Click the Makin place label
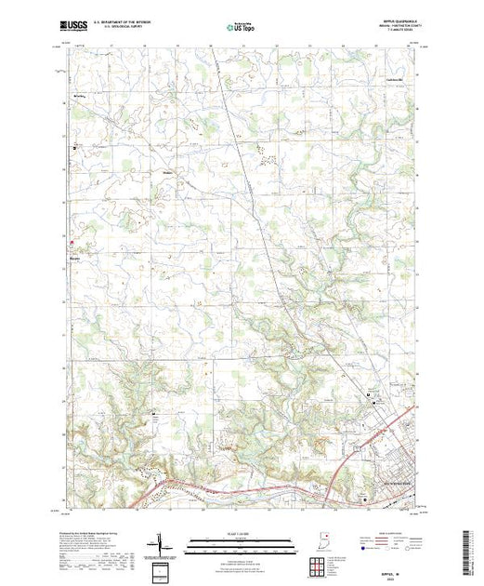click(169, 170)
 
